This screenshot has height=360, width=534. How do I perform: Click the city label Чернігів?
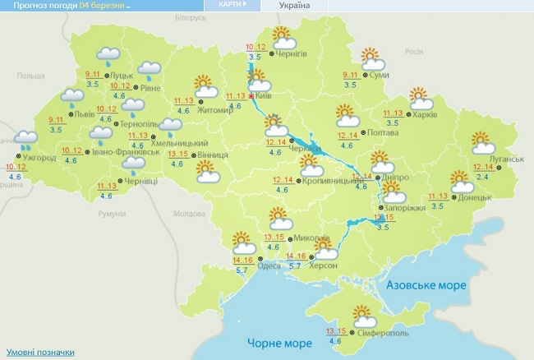(292, 54)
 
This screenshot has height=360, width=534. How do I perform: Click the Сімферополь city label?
(383, 333)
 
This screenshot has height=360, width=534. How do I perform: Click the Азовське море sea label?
(427, 285)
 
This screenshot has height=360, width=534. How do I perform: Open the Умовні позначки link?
(39, 352)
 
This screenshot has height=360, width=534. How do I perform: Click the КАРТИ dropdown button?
(233, 5)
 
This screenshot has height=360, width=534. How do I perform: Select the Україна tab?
(295, 6)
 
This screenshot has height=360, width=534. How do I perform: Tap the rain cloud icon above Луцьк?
(108, 56)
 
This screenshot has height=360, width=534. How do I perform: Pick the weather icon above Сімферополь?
(361, 315)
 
